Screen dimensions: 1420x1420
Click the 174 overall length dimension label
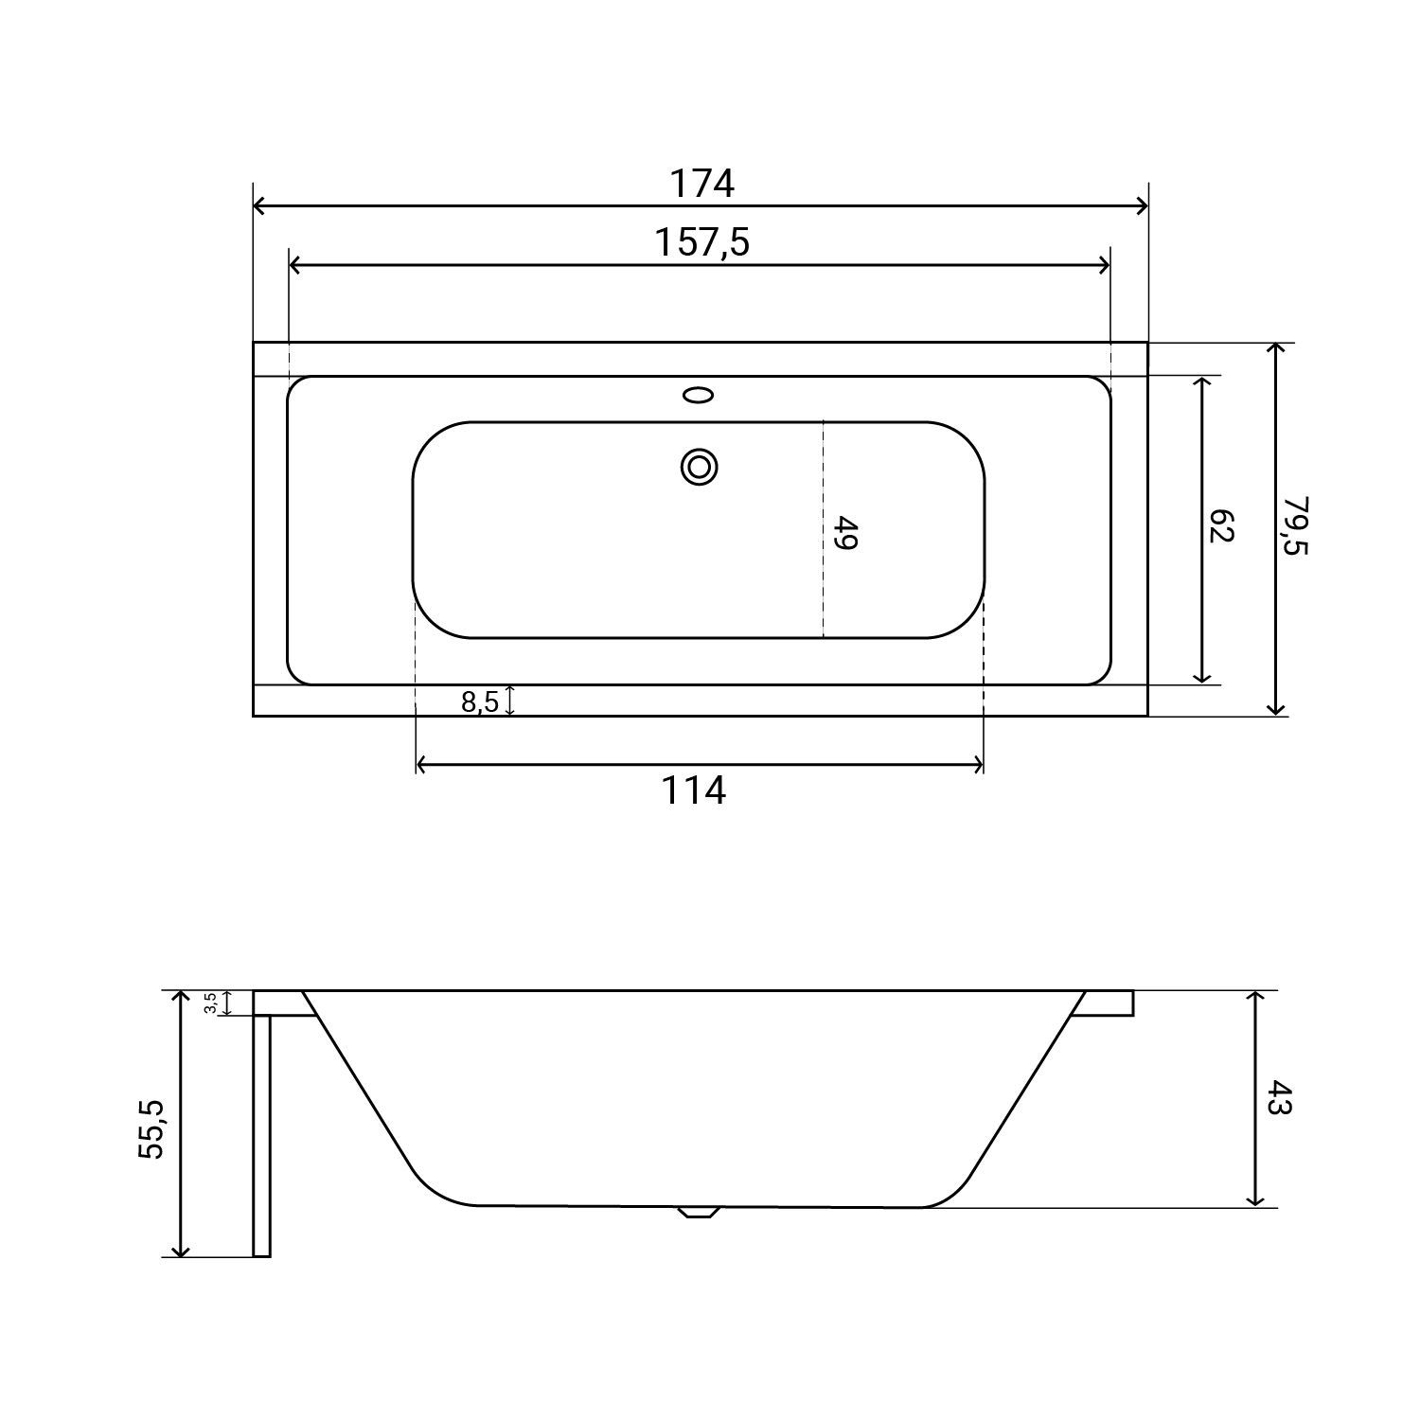701,184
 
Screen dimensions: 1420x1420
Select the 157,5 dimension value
701,243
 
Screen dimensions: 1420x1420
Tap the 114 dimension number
693,790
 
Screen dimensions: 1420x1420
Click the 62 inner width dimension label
1222,526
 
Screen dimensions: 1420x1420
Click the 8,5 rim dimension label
479,702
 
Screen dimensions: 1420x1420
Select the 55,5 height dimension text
152,1128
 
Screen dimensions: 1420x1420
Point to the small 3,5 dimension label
211,1003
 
